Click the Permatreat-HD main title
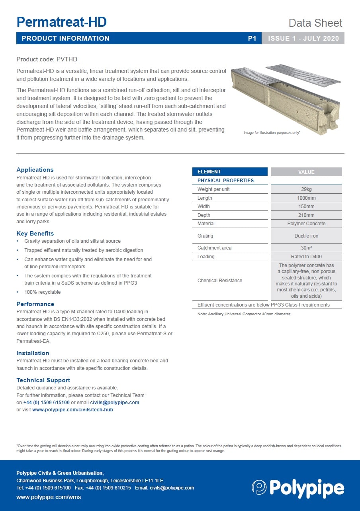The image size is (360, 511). point(61,22)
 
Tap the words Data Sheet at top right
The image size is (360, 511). point(315,23)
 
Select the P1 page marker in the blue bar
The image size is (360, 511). point(252,38)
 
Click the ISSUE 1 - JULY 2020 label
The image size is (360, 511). point(303,38)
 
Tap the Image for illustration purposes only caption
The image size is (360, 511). point(272,132)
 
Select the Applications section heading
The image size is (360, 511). point(35,170)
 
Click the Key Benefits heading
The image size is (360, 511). point(35,234)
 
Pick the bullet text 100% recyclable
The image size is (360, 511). point(43,292)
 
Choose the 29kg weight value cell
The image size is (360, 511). point(306,189)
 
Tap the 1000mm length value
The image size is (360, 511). point(306,198)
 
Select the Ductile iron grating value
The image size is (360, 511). point(306,236)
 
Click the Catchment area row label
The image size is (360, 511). point(214,248)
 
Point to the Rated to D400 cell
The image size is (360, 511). point(306,257)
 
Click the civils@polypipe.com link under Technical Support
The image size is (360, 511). point(115,403)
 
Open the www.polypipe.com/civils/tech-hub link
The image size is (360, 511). point(72,410)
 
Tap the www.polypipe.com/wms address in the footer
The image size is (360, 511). point(49,497)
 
